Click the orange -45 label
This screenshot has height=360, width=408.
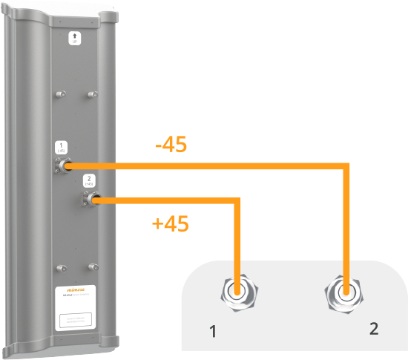(x=171, y=144)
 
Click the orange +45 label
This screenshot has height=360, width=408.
(x=170, y=223)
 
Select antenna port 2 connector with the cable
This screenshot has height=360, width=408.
(x=93, y=199)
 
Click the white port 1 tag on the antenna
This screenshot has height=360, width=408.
(x=62, y=146)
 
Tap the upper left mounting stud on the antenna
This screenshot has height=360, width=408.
(x=59, y=94)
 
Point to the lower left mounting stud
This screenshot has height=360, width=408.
(x=59, y=266)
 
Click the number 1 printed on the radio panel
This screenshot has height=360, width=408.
(x=214, y=332)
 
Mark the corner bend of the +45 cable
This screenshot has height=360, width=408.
(x=237, y=200)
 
